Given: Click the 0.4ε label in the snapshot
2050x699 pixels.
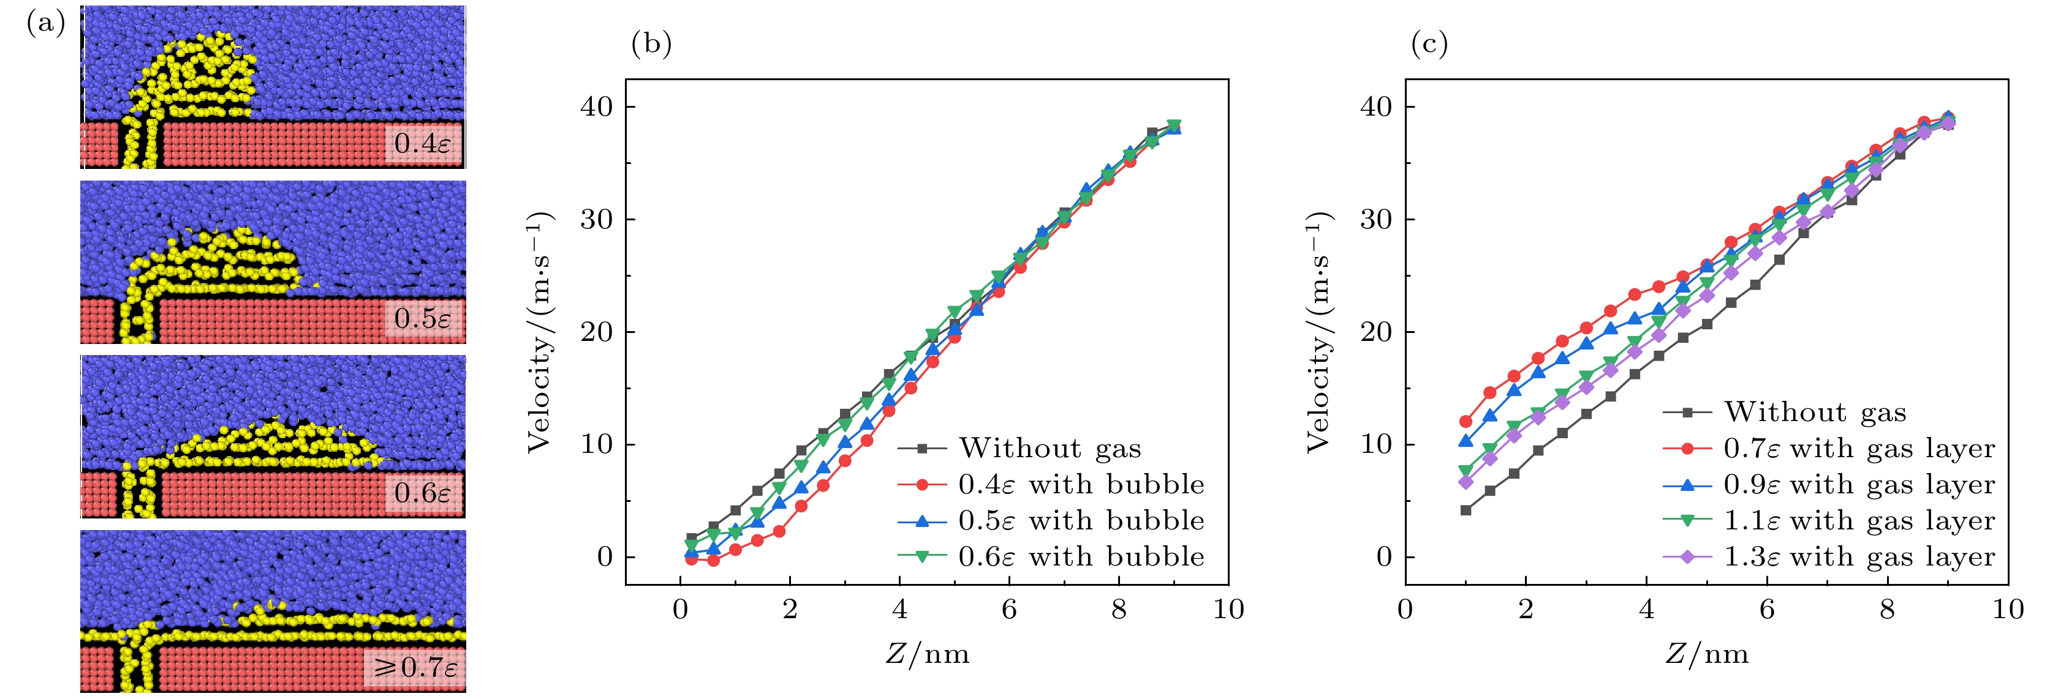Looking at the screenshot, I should [x=423, y=143].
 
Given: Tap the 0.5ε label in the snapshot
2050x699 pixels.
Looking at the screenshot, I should [x=423, y=318].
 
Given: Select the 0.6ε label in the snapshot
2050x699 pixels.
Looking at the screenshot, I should [x=423, y=493].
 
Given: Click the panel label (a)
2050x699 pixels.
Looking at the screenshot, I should [x=46, y=23].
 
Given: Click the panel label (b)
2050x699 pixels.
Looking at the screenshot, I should [x=651, y=43].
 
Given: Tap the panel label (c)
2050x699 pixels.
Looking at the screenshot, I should [x=1429, y=43].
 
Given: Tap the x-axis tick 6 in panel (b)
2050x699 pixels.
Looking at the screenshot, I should [x=1009, y=610].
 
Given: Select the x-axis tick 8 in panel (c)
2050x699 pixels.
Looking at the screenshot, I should [x=1887, y=610].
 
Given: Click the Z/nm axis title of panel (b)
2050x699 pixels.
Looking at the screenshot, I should [x=927, y=654].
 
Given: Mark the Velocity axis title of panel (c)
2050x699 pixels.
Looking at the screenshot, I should [x=1318, y=332].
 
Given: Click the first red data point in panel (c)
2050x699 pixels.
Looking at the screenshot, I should [x=1465, y=422].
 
